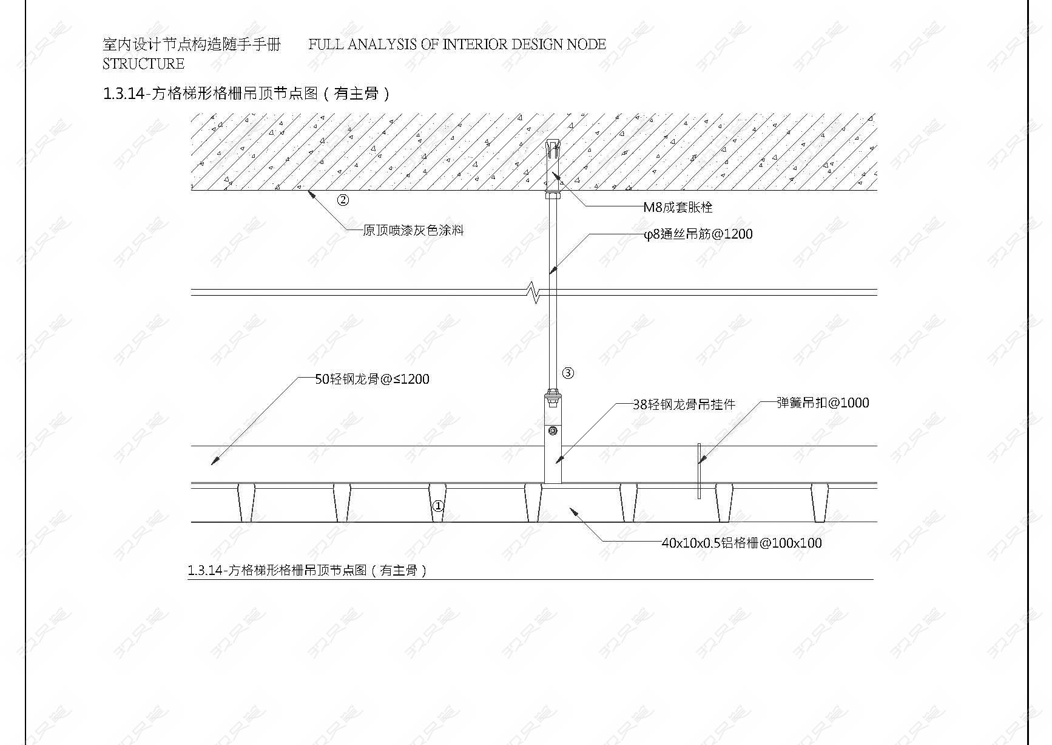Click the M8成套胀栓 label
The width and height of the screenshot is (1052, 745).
pyautogui.click(x=678, y=207)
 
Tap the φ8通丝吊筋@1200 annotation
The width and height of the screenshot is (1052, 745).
pyautogui.click(x=698, y=234)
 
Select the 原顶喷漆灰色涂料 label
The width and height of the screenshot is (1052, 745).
pyautogui.click(x=413, y=230)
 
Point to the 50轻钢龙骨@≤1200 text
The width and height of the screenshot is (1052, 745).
pyautogui.click(x=372, y=379)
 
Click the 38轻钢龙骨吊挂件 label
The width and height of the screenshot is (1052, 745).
pyautogui.click(x=684, y=404)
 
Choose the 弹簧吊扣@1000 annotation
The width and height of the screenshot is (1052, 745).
pyautogui.click(x=823, y=403)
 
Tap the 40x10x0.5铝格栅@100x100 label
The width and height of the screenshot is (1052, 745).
pyautogui.click(x=741, y=543)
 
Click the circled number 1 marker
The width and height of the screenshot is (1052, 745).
pyautogui.click(x=438, y=506)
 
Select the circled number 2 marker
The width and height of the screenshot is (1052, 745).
pyautogui.click(x=343, y=200)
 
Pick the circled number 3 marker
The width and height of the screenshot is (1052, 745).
pyautogui.click(x=568, y=373)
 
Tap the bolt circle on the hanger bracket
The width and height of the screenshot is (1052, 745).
pyautogui.click(x=552, y=431)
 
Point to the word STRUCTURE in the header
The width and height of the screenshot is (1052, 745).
pyautogui.click(x=144, y=64)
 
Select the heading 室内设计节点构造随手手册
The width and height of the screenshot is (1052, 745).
pyautogui.click(x=192, y=44)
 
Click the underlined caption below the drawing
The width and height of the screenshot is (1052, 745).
pyautogui.click(x=308, y=570)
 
